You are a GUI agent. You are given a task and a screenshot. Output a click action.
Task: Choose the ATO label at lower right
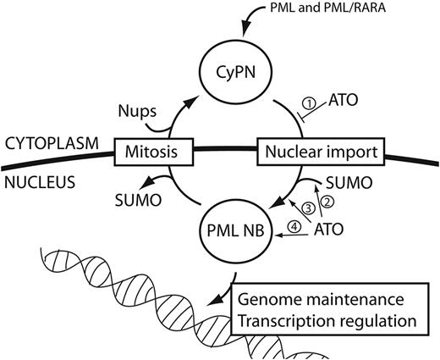point(331,229)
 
